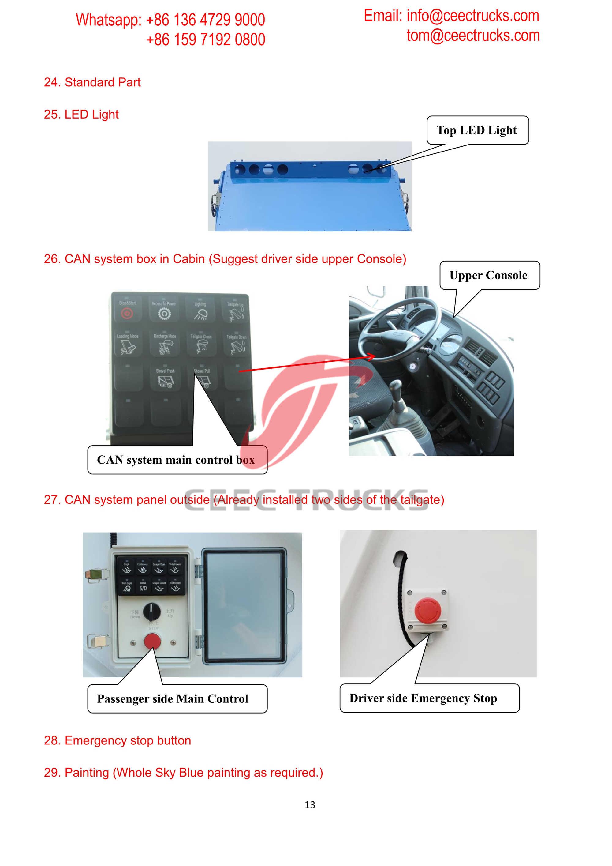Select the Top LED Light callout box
pyautogui.click(x=477, y=130)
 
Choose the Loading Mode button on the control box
pyautogui.click(x=128, y=344)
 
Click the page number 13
pyautogui.click(x=310, y=804)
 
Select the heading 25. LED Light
pyautogui.click(x=81, y=114)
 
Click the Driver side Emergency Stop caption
pyautogui.click(x=423, y=698)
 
